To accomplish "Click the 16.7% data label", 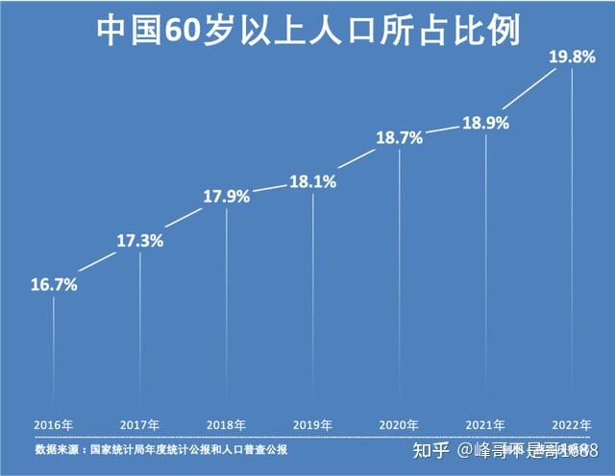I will point(54,285).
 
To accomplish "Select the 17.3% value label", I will point(140,240).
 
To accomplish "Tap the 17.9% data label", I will point(227,197).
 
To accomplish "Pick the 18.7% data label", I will point(399,138).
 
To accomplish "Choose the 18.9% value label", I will point(485,123).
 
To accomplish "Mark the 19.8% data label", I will point(572,58).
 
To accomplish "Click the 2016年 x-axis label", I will point(54,424).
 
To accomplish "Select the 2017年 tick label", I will point(140,424).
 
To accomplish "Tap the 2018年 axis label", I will point(227,424).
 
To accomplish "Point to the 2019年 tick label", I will point(312,424).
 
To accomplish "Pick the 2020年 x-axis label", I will point(399,424).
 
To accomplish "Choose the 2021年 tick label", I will point(485,424).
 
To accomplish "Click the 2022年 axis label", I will point(572,424).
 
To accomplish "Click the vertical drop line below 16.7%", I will point(54,355).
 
